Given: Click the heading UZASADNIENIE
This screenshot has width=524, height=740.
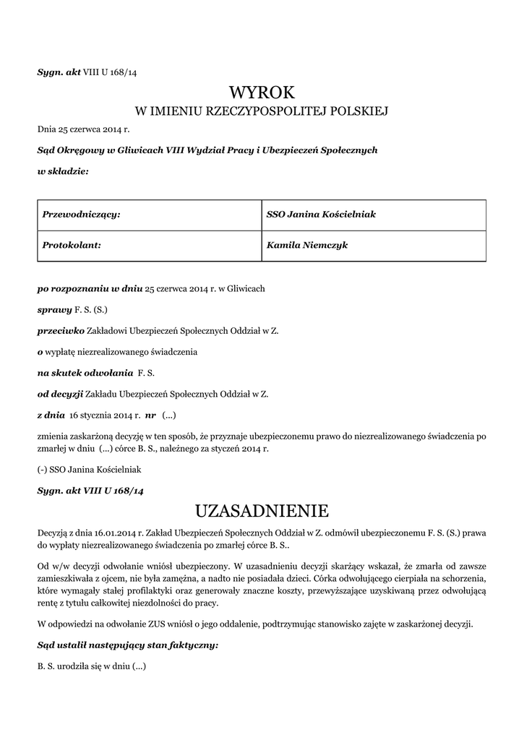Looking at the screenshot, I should tap(262, 511).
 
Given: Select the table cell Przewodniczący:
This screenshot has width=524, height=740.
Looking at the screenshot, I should tap(81, 215).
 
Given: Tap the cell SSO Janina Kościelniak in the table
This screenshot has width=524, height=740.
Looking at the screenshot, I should tap(321, 215).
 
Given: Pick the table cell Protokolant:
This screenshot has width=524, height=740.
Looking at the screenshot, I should tap(72, 245).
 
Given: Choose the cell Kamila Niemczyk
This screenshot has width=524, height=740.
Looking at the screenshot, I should tap(307, 245).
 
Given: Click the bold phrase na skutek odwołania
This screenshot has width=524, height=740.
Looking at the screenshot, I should tap(85, 373).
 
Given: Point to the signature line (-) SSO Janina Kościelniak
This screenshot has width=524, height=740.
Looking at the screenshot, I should tap(90, 469).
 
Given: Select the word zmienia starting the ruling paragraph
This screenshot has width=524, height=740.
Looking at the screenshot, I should tap(54, 436).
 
